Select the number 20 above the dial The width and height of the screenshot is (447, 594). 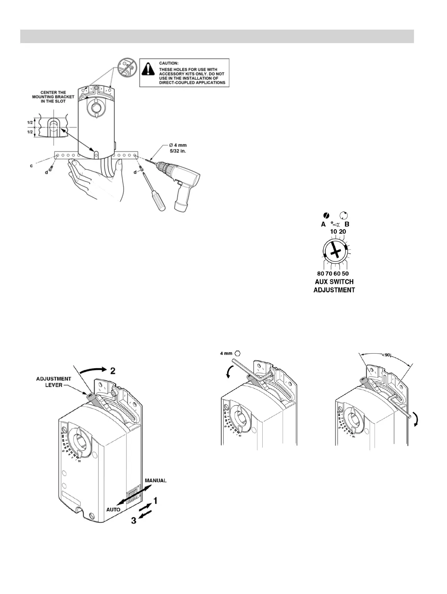click(x=342, y=232)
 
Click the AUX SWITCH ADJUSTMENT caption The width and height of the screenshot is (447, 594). click(x=334, y=285)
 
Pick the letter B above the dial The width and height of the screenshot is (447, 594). click(x=347, y=225)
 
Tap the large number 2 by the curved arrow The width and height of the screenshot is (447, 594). click(x=112, y=371)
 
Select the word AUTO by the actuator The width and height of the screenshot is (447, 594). click(x=113, y=510)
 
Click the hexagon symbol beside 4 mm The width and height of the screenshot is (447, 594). click(x=237, y=353)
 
